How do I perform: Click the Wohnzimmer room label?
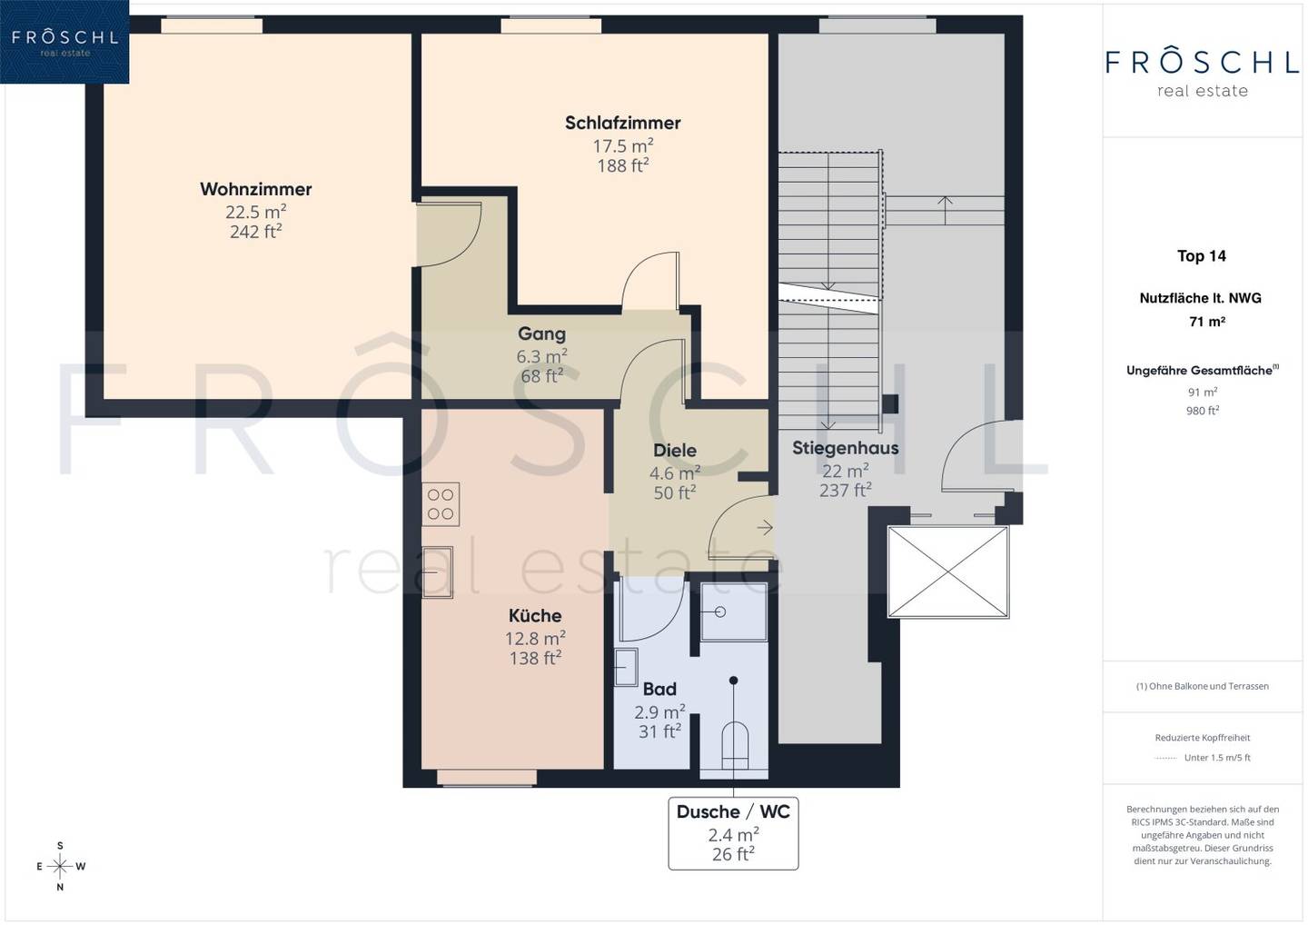click(x=256, y=189)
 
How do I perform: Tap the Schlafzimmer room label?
click(x=622, y=124)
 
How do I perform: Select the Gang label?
click(x=542, y=334)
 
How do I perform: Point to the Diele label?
click(x=674, y=451)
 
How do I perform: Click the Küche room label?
click(x=535, y=615)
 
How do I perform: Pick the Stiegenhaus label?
click(x=845, y=448)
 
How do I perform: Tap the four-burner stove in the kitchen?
click(x=441, y=504)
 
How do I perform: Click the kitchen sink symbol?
click(x=438, y=572)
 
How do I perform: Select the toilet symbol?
click(x=735, y=746)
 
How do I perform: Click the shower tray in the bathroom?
click(x=733, y=612)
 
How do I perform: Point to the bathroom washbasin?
click(x=626, y=666)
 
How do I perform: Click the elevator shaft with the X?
click(x=947, y=572)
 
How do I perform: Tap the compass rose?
click(x=60, y=866)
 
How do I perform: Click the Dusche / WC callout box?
click(x=733, y=833)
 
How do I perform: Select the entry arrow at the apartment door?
click(x=765, y=528)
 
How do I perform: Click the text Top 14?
click(x=1201, y=255)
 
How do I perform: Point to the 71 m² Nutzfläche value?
click(x=1207, y=321)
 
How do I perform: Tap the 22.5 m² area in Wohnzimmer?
click(x=256, y=212)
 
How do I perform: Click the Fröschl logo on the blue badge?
click(x=64, y=41)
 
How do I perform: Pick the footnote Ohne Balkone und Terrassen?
click(x=1203, y=686)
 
